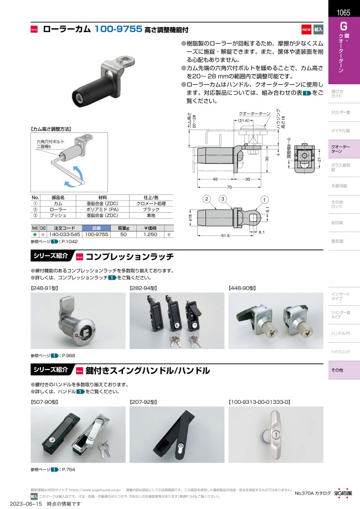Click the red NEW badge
(x=306, y=29)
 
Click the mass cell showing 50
(x=124, y=235)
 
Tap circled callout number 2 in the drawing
(x=205, y=199)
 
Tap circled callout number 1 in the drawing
(x=265, y=199)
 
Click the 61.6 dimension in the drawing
(x=224, y=235)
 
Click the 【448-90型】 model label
(x=242, y=288)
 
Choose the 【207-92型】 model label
(x=142, y=402)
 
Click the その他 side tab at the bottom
(x=337, y=369)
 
